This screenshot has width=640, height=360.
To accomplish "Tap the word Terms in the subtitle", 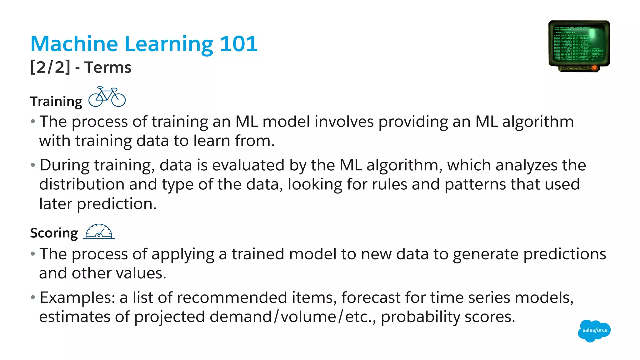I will pyautogui.click(x=108, y=67).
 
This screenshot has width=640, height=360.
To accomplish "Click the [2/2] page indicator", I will pyautogui.click(x=50, y=67).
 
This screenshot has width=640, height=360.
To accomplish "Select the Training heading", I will pyautogui.click(x=56, y=102).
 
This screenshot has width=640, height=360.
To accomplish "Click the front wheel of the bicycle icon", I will pyautogui.click(x=118, y=100).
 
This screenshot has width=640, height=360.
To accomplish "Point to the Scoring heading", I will pyautogui.click(x=54, y=233).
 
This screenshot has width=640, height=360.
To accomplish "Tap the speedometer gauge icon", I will pyautogui.click(x=99, y=232).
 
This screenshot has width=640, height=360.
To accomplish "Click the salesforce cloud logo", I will pyautogui.click(x=594, y=330).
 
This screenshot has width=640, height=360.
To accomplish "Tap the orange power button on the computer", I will pyautogui.click(x=594, y=67).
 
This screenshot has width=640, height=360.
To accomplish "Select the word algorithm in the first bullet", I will pyautogui.click(x=538, y=122).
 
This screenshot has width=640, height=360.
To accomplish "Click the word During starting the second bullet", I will pyautogui.click(x=64, y=165).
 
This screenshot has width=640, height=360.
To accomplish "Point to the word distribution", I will pyautogui.click(x=82, y=184).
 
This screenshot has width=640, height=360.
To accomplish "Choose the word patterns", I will pyautogui.click(x=475, y=185).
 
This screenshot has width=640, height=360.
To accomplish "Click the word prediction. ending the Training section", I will pyautogui.click(x=117, y=204).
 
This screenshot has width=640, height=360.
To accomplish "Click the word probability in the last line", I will pyautogui.click(x=420, y=317).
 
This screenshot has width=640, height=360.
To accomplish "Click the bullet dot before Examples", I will pyautogui.click(x=33, y=297).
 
